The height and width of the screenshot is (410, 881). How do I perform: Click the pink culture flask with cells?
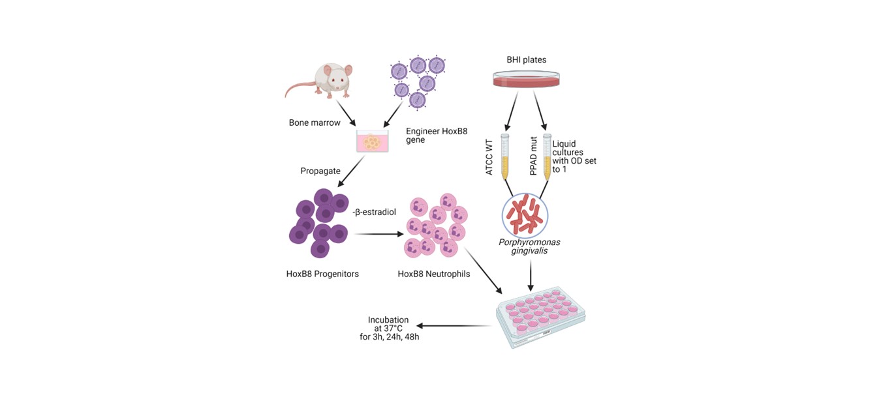(x=372, y=141)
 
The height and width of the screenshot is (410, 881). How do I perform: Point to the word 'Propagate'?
(x=320, y=171)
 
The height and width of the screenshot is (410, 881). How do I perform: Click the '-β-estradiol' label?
(x=375, y=212)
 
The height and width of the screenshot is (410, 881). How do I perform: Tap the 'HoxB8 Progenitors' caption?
(x=322, y=274)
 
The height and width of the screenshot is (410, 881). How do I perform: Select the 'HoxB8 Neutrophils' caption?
(x=434, y=274)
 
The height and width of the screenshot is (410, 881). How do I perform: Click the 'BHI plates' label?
(x=527, y=60)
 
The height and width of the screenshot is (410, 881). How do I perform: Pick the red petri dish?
(x=527, y=80)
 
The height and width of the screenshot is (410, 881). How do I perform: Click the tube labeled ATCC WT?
(x=504, y=156)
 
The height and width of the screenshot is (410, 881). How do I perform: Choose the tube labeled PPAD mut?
(x=547, y=156)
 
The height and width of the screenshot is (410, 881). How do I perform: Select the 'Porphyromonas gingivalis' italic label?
(x=529, y=247)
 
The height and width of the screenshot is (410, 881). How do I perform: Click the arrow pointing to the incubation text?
(x=455, y=325)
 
